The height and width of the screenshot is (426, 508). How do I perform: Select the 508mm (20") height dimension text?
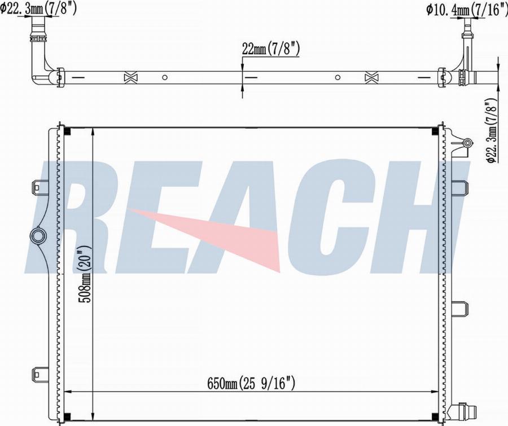tap(86, 274)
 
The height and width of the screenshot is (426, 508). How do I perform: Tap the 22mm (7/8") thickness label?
tap(271, 50)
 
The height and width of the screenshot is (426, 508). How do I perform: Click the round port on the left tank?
tap(38, 236)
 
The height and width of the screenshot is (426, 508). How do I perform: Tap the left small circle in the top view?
tap(165, 77)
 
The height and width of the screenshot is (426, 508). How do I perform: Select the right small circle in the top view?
tap(338, 77)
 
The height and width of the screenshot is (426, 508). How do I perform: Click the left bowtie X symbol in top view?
tap(131, 78)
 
